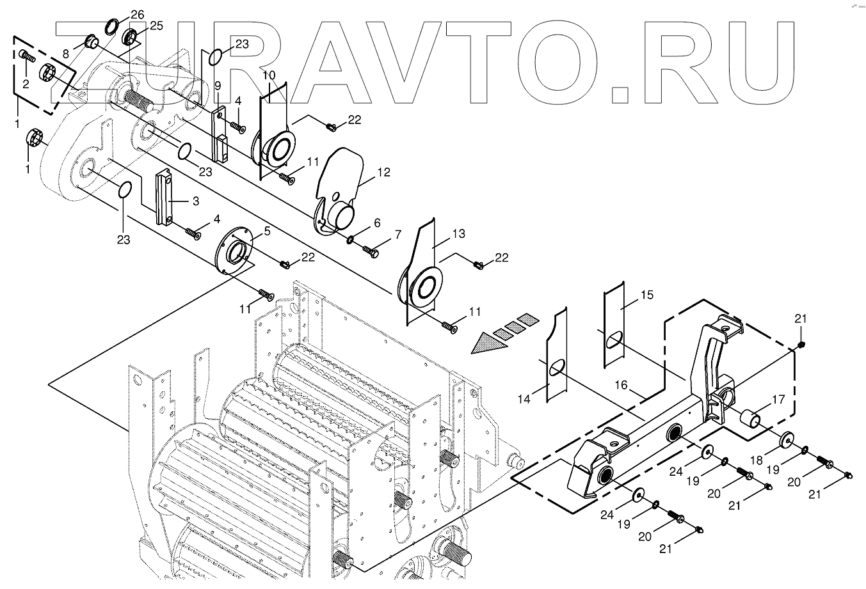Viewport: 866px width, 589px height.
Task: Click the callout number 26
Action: click(x=138, y=13)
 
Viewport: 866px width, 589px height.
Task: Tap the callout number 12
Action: click(x=383, y=172)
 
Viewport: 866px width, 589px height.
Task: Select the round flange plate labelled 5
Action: click(x=236, y=253)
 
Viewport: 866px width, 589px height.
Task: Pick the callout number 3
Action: click(x=196, y=201)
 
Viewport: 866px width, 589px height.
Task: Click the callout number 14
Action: click(x=524, y=399)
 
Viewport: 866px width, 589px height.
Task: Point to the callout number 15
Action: click(x=646, y=295)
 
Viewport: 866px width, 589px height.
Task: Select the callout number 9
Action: click(x=217, y=85)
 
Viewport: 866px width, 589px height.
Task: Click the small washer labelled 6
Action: click(x=352, y=240)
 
